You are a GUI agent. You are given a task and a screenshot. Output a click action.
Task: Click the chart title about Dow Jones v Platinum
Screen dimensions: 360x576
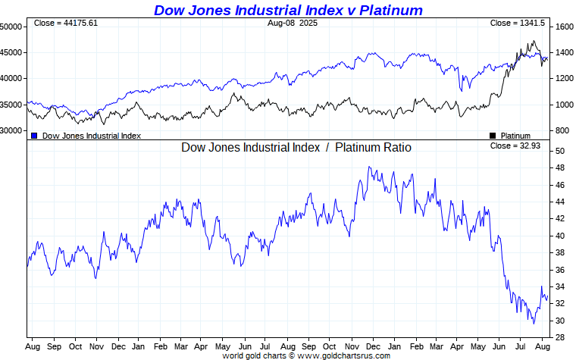tap(288, 10)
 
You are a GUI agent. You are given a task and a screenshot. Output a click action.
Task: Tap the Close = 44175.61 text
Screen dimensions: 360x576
tap(66, 23)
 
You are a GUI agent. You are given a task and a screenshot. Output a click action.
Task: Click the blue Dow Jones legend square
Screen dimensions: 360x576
tap(34, 136)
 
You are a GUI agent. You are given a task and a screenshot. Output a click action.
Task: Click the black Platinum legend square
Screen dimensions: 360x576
tap(493, 136)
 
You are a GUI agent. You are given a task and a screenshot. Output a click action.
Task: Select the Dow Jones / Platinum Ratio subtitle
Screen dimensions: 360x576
tap(296, 147)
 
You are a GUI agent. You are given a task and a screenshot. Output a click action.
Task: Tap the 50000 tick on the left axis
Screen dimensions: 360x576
tap(11, 27)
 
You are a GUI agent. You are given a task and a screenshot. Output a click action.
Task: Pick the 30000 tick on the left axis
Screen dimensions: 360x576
tap(11, 130)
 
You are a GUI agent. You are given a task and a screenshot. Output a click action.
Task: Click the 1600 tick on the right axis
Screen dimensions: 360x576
tap(563, 27)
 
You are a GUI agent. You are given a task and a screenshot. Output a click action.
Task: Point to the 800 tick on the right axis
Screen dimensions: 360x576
tap(561, 130)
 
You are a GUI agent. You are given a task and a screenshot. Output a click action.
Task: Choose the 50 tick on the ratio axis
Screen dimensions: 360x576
tap(559, 151)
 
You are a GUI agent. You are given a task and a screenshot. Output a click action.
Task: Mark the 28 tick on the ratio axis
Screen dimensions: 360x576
tap(559, 337)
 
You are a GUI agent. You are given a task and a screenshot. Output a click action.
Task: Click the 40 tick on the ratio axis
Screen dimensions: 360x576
tap(559, 236)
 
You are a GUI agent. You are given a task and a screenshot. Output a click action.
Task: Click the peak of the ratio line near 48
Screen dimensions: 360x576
tap(368, 167)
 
